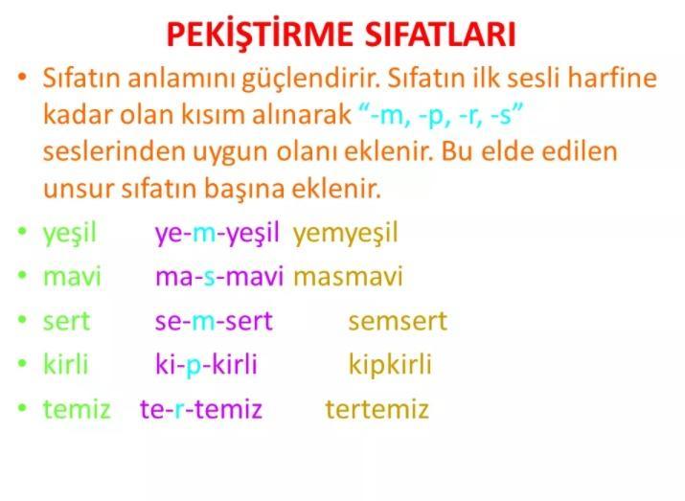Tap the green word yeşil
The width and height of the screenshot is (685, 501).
coord(70,234)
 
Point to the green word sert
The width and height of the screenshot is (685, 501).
coord(66,321)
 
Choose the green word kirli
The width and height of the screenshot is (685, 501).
coord(66,365)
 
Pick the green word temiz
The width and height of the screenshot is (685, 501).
coord(77,409)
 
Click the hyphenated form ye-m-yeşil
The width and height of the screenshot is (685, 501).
coord(217,234)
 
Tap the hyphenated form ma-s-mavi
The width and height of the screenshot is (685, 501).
coord(219,278)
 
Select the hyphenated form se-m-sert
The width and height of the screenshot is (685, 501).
coord(214,321)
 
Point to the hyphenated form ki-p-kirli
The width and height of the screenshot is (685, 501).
coord(206,365)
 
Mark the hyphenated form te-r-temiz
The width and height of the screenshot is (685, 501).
coord(200,409)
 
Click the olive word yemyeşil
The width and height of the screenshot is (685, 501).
coord(345,234)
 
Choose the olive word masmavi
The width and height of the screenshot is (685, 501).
coord(348,278)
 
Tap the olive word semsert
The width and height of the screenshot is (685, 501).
coord(397,321)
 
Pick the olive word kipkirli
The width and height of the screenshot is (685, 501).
coord(390,365)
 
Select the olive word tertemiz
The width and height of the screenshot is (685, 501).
coord(377,409)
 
